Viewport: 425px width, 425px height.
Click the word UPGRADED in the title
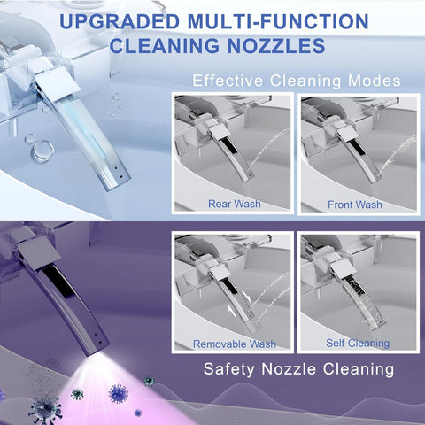(120, 21)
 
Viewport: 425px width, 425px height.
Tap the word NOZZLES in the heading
(276, 46)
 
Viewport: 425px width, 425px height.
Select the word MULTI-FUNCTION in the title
(278, 21)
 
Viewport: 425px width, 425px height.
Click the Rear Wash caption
(235, 204)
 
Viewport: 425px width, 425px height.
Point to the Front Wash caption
(355, 205)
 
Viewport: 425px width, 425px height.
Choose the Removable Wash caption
(235, 344)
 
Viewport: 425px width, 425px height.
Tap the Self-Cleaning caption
(358, 343)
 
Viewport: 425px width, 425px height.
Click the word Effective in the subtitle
(228, 81)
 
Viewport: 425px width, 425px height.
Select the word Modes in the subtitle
(375, 81)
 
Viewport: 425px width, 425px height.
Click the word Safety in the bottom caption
(229, 369)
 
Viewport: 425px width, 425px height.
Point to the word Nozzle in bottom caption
(288, 368)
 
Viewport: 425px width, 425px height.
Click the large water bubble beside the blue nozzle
(43, 151)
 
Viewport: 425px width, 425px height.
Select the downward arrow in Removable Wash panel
(246, 296)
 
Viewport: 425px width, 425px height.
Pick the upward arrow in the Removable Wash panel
(232, 312)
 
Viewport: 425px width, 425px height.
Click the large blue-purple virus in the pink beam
(119, 393)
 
